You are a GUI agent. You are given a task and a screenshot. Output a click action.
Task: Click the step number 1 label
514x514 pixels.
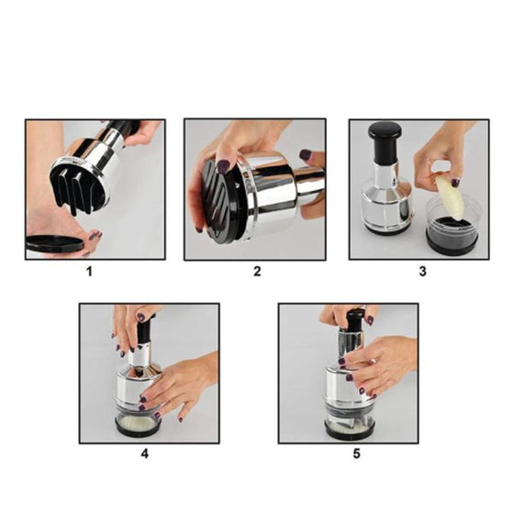click(89, 272)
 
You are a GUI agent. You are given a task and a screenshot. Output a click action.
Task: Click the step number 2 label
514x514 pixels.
click(257, 272)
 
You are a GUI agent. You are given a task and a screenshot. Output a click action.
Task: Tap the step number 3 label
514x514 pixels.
click(422, 272)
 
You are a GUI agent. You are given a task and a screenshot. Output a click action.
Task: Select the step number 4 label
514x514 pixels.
click(145, 453)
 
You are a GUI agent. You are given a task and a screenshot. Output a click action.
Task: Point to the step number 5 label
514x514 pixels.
click(357, 453)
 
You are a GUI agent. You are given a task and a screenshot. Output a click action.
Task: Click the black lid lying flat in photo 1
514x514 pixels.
click(54, 243)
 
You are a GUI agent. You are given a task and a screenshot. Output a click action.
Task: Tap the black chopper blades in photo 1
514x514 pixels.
click(73, 190)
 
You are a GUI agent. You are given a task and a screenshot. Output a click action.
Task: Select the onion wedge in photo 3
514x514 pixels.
click(450, 197)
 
